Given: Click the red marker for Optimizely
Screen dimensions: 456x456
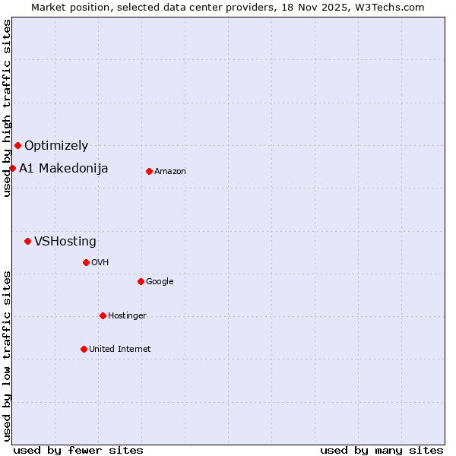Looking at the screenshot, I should [17, 145].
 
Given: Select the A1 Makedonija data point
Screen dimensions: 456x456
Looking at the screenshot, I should [12, 168].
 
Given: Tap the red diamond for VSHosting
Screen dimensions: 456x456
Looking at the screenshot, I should [27, 241].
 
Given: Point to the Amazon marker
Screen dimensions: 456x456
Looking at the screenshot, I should [149, 171].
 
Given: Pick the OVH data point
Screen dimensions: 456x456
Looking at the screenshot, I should [86, 262].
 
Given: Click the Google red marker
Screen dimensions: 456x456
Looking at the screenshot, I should [141, 281].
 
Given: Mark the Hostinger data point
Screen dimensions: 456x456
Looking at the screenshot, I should [103, 315].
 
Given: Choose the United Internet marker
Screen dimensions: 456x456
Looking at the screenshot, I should [84, 349].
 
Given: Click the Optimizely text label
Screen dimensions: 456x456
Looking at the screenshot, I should [56, 145].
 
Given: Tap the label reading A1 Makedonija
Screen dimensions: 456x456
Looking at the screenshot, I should [64, 168].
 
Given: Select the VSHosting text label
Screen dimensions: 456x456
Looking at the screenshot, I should [65, 241].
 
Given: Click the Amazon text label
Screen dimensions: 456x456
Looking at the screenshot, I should [170, 171].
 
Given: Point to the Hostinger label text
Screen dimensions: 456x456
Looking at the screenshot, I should [127, 315].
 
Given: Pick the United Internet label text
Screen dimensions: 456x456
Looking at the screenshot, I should [120, 349].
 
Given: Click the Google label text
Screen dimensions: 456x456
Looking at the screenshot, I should [160, 281].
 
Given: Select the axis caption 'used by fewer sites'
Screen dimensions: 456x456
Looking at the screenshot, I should [78, 450].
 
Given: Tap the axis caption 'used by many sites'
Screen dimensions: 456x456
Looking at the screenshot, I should [382, 450].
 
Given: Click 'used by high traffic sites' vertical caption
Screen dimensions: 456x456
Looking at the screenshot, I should [7, 108].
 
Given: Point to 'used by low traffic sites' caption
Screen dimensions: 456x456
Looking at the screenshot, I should [7, 356].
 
